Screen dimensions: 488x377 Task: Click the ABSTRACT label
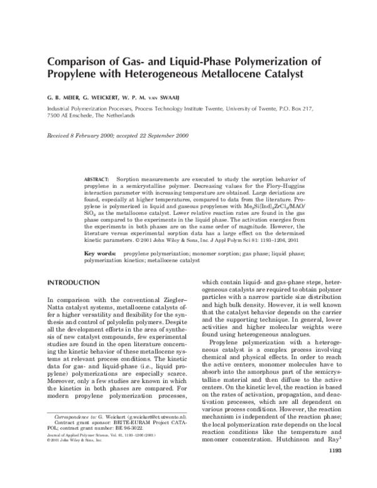(97, 180)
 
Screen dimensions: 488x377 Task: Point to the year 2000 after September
(179, 136)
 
